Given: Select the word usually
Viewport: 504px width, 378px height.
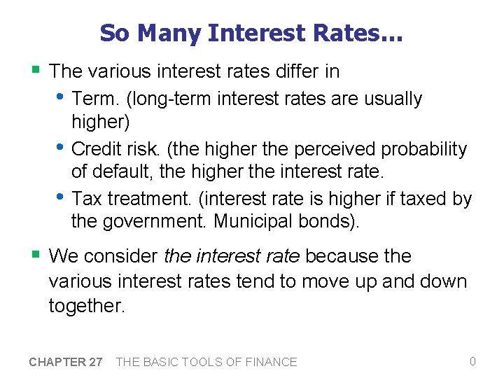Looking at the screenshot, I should tap(393, 99).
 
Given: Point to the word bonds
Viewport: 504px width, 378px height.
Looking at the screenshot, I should tap(330, 222).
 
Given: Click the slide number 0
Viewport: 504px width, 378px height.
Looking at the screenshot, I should tap(472, 361).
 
